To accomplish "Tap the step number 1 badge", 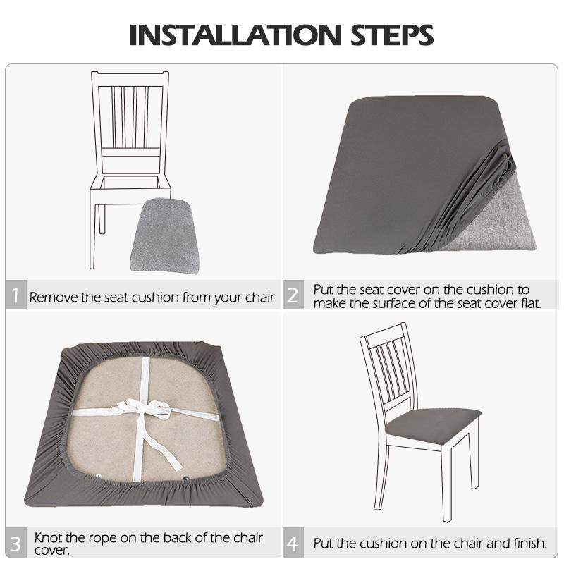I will click(16, 296).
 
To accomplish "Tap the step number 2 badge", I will click(292, 296).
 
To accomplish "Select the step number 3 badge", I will click(16, 544).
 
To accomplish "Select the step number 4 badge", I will click(292, 544).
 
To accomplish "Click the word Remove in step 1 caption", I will click(54, 298).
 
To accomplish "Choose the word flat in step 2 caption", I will click(527, 303).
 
